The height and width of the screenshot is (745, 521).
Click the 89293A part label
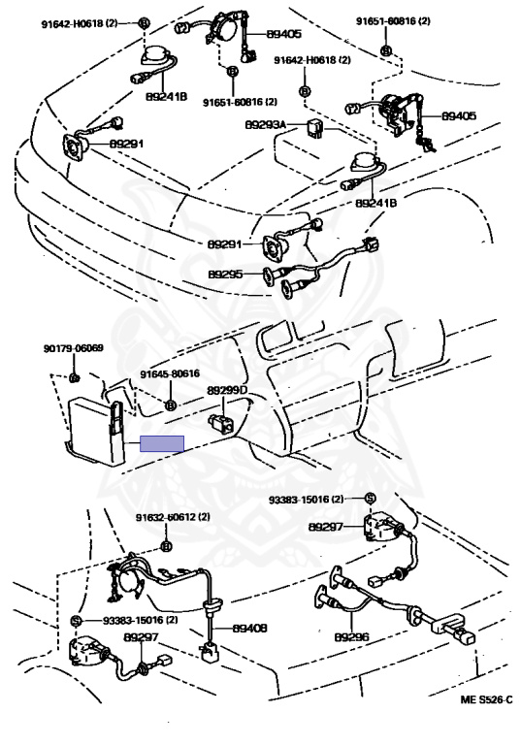point(265,125)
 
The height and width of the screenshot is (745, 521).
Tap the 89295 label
point(225,275)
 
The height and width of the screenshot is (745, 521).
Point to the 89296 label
point(351,636)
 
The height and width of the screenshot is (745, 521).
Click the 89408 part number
point(249,629)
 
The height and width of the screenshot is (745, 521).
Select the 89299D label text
point(227,390)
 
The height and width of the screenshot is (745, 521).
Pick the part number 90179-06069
point(73,348)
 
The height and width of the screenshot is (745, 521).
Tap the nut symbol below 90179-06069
point(74,378)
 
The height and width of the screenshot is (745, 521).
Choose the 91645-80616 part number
point(170,374)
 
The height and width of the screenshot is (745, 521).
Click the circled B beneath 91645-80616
point(170,405)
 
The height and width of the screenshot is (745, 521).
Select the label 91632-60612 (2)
point(173,517)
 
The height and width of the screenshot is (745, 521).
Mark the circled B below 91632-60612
point(166,547)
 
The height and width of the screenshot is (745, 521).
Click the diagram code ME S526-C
point(486,699)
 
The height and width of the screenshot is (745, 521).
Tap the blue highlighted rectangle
point(162,443)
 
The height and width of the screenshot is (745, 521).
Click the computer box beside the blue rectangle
point(94,430)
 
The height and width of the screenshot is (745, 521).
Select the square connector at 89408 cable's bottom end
point(209,652)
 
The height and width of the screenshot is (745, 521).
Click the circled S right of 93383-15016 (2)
point(371,498)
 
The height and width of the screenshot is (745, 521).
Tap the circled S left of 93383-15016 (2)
point(75,621)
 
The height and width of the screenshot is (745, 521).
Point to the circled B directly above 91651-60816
point(232,71)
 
